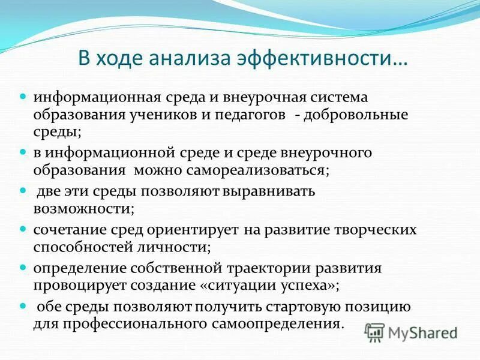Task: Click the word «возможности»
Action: [83, 208]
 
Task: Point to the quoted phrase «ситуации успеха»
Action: [273, 285]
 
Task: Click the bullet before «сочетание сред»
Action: [24, 229]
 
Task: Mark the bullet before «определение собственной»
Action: [24, 268]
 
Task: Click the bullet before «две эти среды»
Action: [24, 191]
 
